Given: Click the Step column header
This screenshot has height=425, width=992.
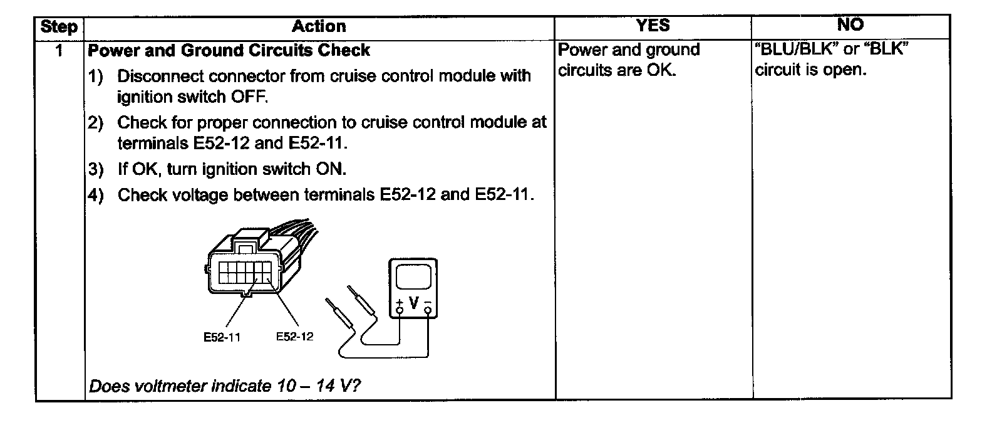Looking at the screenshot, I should [59, 27].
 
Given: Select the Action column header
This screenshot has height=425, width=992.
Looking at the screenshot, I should [319, 26].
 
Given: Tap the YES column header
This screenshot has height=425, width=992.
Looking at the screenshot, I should [653, 26].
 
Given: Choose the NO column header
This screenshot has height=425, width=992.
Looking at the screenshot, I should [850, 25].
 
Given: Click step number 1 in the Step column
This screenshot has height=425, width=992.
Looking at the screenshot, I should [59, 50].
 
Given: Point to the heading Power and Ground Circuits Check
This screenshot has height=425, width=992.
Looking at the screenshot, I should [229, 50].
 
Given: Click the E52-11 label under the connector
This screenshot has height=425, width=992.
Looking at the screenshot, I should [222, 337].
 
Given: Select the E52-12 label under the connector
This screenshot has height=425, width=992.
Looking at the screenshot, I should [294, 337].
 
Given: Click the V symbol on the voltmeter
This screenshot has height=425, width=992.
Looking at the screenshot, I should [413, 303].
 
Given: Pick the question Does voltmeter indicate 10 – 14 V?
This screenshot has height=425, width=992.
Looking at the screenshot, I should [225, 386].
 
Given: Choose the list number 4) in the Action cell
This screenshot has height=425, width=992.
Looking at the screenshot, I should [96, 195].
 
